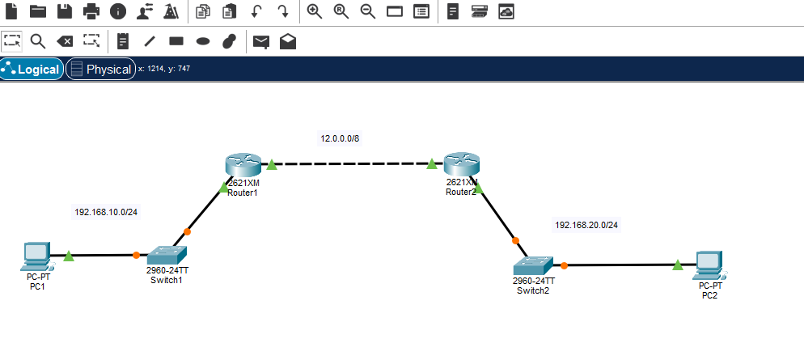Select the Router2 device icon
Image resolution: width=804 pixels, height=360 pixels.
coord(461,165)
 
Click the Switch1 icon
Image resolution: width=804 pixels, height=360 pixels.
coord(167,254)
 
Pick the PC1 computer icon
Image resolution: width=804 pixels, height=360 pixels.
coord(36,256)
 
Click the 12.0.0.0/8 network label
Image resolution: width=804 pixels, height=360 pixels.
coord(340,138)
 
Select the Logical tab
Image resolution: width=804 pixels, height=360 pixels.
coord(32,70)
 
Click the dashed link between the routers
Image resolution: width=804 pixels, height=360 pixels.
coord(352,165)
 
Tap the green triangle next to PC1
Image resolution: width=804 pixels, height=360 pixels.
coord(69,256)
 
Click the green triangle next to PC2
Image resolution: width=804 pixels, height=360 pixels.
coord(678,264)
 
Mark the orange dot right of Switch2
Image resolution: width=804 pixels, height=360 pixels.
coord(565,265)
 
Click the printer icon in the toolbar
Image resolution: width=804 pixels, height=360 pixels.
coord(91,11)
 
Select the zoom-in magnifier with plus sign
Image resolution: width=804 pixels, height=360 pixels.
coord(315,11)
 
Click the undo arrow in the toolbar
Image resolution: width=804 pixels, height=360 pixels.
coord(256,11)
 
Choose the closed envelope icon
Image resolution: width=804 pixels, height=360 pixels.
coord(260,41)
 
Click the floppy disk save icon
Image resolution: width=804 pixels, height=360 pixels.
coord(64,11)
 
